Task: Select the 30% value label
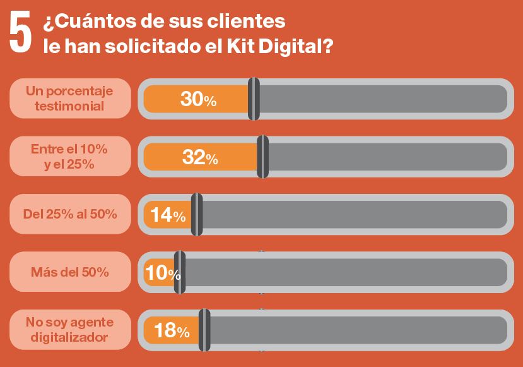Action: pos(198,99)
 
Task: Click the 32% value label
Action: pos(200,157)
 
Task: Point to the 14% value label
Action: pos(168,215)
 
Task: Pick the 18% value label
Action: pos(172,330)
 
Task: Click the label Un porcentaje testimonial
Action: pos(69,99)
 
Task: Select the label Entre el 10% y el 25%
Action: pos(69,157)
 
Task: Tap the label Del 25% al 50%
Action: pos(69,214)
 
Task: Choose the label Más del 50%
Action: pos(69,272)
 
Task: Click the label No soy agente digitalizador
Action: pos(69,330)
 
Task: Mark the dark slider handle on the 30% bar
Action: pos(254,99)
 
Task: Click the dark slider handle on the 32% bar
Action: pos(263,157)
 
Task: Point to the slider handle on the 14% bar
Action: pos(197,215)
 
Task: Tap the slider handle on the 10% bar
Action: pos(180,272)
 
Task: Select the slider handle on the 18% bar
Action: pos(204,330)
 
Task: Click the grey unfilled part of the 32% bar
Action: pos(385,157)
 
